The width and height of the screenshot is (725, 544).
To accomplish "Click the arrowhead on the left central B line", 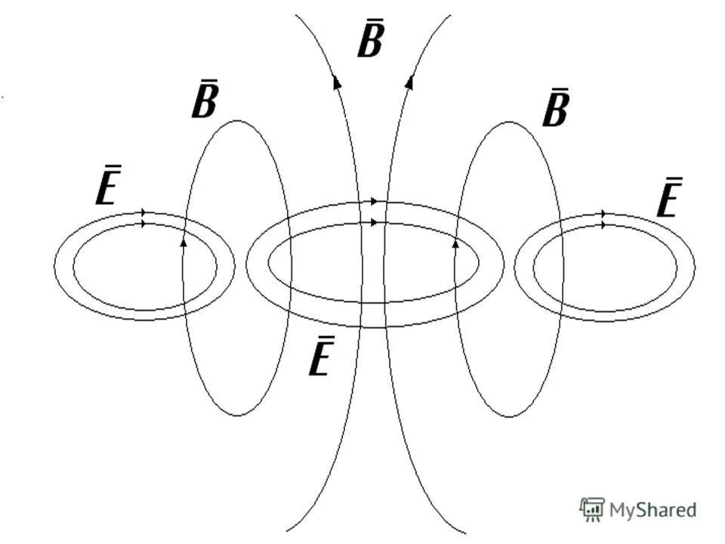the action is (337, 82).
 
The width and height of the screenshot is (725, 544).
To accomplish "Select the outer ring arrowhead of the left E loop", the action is (144, 214).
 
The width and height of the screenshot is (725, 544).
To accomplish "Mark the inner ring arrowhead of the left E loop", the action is (144, 224).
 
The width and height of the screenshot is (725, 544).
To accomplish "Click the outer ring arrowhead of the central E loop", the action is (374, 202).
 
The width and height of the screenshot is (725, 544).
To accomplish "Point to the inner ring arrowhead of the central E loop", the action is (374, 222).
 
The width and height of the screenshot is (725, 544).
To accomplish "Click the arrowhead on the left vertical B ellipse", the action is (184, 243).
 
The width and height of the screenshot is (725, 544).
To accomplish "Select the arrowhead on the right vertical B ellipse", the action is (455, 243).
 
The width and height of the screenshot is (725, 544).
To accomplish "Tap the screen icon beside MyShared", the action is (591, 509).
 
